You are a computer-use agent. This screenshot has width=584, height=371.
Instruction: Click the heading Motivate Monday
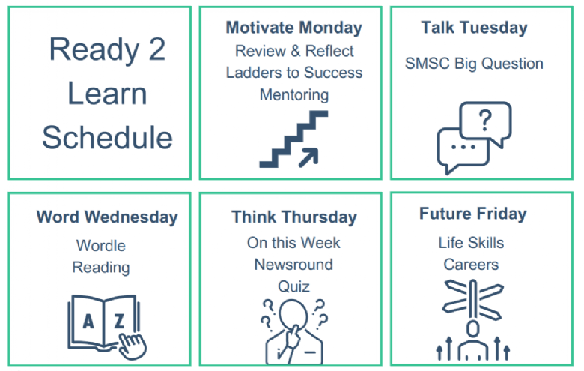click(293, 28)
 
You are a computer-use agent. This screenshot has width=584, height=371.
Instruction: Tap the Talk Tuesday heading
click(474, 28)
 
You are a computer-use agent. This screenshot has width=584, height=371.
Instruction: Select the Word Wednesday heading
click(107, 217)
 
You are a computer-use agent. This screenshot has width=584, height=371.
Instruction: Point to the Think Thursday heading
click(293, 217)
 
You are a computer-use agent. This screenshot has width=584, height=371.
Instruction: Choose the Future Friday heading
click(473, 214)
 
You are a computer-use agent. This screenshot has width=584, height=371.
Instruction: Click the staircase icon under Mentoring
click(293, 139)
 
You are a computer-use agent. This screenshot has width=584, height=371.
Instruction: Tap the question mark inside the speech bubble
click(485, 120)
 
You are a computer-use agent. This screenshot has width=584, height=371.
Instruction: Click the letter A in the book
click(88, 321)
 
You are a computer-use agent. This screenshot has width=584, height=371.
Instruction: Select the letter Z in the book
click(119, 321)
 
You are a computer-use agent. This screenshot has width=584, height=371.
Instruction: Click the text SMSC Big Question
click(474, 64)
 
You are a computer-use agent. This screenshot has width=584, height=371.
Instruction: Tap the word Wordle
click(101, 246)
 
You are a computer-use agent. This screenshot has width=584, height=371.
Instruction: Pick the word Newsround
click(293, 265)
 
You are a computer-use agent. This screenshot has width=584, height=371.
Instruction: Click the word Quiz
click(293, 287)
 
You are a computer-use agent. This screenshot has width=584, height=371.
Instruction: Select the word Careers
click(471, 265)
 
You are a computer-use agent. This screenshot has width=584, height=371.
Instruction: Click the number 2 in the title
click(156, 49)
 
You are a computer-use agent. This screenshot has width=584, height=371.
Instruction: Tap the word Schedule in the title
click(107, 138)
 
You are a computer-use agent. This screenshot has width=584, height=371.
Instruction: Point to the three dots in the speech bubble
click(463, 147)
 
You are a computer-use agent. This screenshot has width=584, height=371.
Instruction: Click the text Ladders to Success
click(293, 73)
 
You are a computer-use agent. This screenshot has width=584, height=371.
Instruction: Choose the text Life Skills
click(471, 243)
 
